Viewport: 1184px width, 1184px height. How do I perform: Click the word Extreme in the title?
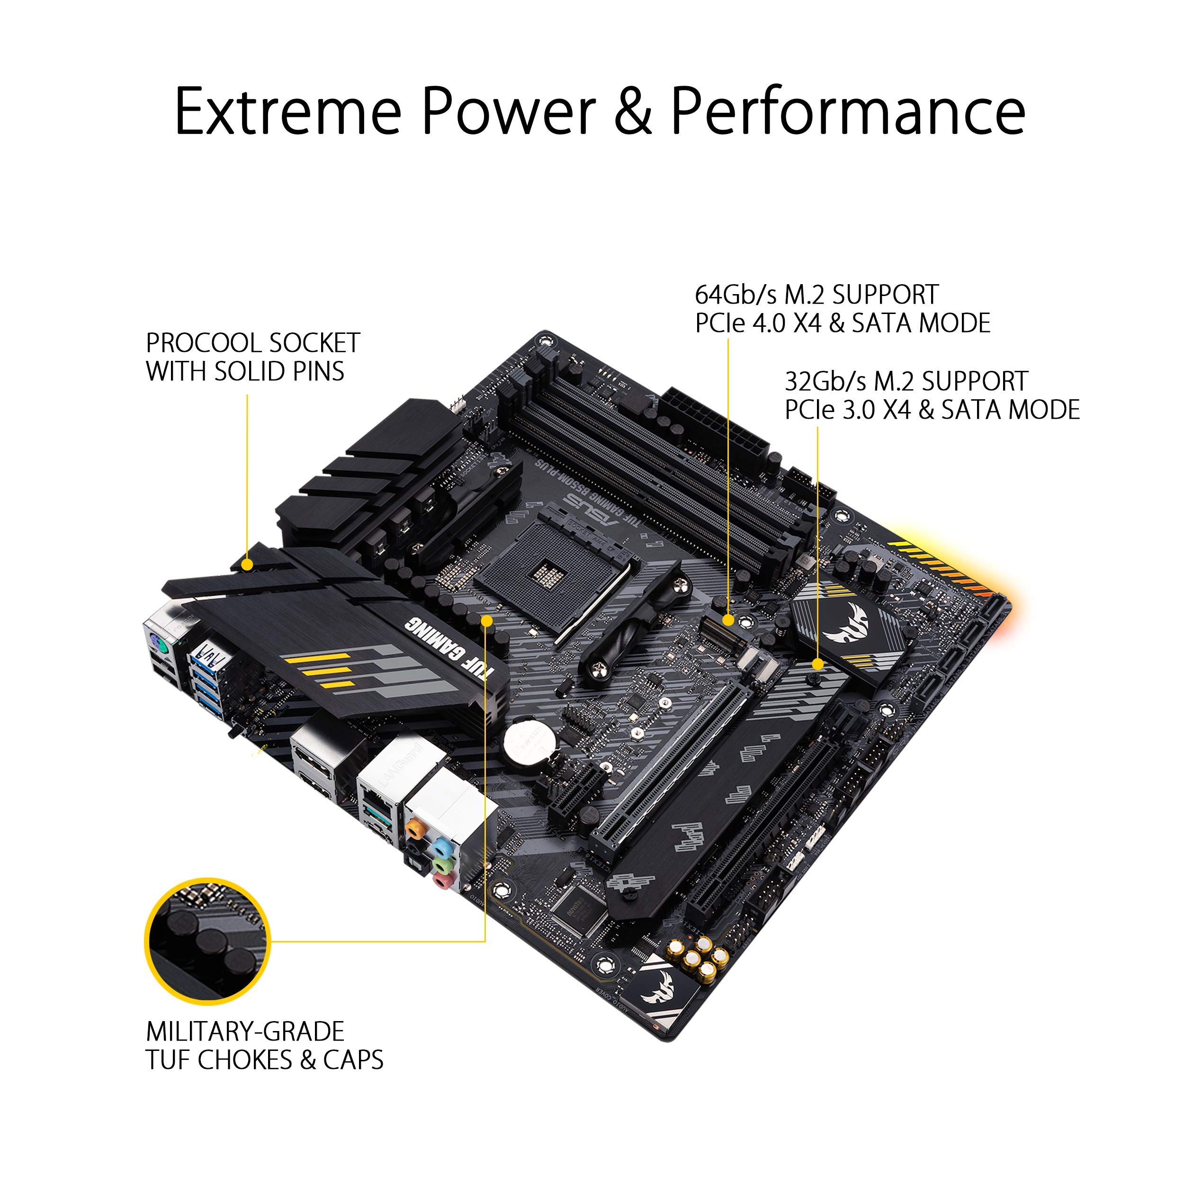point(288,112)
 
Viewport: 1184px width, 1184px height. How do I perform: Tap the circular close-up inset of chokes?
point(207,941)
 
